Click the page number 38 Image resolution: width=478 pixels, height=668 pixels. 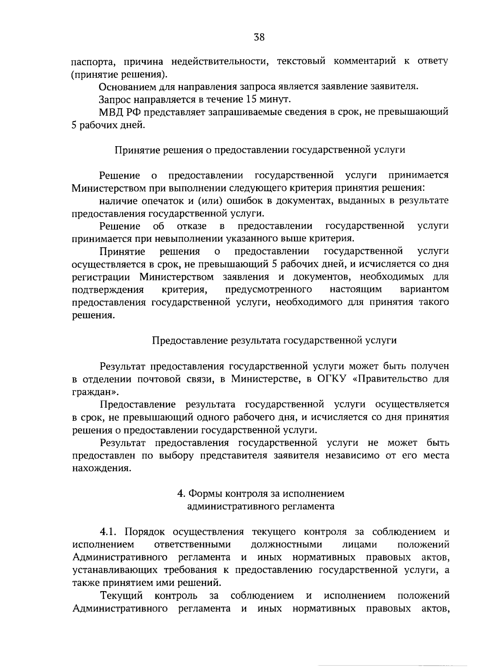point(259,38)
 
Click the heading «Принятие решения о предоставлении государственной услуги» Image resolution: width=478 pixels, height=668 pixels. point(260,150)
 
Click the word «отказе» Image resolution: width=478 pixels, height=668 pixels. point(192,226)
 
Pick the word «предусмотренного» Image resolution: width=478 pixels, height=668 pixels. point(268,289)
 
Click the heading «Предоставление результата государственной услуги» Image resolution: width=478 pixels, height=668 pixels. point(275,340)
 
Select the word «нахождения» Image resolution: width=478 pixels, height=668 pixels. point(102,468)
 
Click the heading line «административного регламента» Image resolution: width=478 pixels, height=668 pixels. point(261,506)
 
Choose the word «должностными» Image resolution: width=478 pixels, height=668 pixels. point(286,545)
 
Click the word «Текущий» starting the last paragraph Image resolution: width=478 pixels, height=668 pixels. point(121,596)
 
